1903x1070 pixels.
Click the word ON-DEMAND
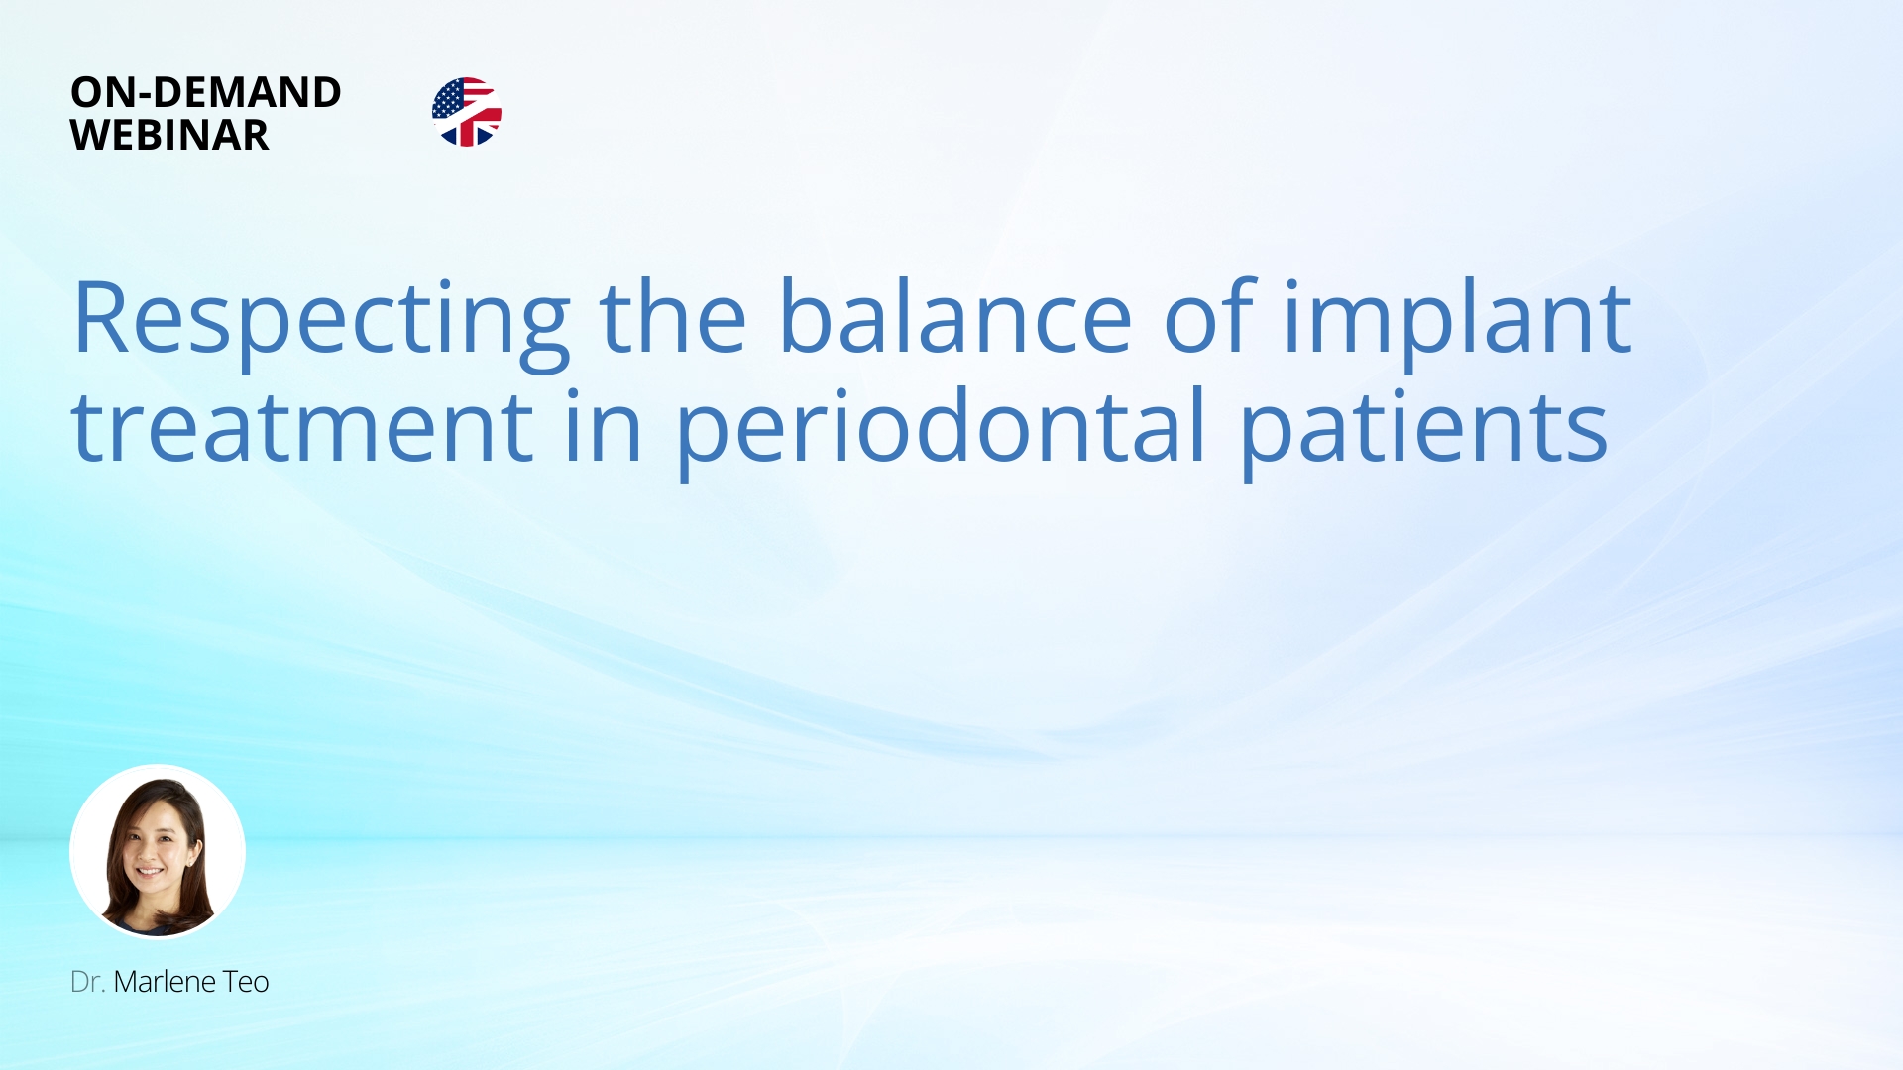[206, 92]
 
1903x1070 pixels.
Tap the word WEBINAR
[169, 135]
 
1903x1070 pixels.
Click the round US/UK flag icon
[467, 112]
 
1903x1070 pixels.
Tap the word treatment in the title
[303, 427]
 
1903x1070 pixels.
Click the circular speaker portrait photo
[158, 852]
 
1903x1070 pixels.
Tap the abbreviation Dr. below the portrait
[87, 982]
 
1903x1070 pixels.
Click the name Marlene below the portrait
[164, 982]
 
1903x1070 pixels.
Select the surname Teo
[246, 982]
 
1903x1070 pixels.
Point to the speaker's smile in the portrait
[151, 872]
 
